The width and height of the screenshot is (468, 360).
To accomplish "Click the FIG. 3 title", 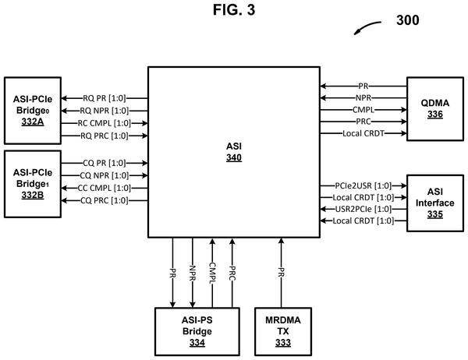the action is (x=234, y=10).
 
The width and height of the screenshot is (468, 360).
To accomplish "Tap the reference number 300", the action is (x=407, y=20).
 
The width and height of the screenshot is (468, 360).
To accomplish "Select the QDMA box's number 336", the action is (x=435, y=114).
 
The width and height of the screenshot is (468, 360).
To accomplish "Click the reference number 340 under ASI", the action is (x=234, y=157).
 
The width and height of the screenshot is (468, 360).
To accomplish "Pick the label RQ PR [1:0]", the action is (x=105, y=98).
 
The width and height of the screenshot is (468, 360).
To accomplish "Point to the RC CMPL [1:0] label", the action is (x=105, y=123).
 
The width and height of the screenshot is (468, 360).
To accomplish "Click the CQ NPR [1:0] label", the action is (x=105, y=175).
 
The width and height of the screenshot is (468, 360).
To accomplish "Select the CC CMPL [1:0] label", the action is (x=105, y=188).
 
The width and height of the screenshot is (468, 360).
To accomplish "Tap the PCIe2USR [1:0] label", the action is (x=363, y=185).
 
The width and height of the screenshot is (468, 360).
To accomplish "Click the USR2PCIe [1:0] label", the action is (x=363, y=209).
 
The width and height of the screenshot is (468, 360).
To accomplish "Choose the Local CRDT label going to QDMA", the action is (x=363, y=133).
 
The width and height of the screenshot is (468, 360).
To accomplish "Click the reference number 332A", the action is (x=33, y=122).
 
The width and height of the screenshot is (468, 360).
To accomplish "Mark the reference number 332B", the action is (x=33, y=195).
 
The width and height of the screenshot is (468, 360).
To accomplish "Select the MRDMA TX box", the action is (x=283, y=331).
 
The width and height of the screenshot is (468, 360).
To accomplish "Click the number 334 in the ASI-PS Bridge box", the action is (x=197, y=343).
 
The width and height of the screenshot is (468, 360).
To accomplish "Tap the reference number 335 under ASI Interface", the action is (x=435, y=214).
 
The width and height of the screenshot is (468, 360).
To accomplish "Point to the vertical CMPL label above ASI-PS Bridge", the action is (x=212, y=273).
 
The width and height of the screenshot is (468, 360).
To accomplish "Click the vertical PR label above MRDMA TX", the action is (x=281, y=272).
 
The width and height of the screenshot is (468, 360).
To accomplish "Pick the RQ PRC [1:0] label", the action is (x=105, y=136).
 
